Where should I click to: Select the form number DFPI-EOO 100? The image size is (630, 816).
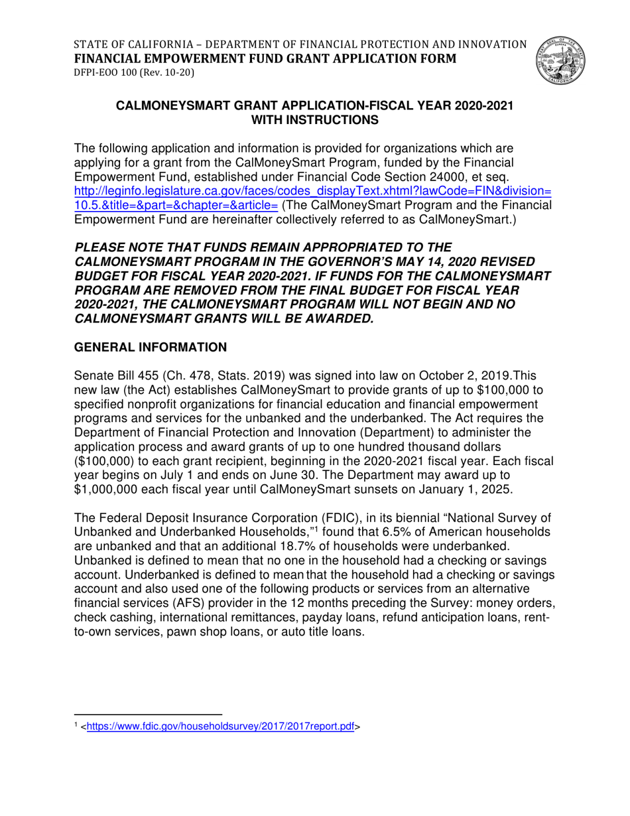pos(115,72)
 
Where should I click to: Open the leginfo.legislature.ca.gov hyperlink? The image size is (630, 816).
pos(312,191)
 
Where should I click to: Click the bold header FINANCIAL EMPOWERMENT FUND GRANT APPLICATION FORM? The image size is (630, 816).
pos(265,58)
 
